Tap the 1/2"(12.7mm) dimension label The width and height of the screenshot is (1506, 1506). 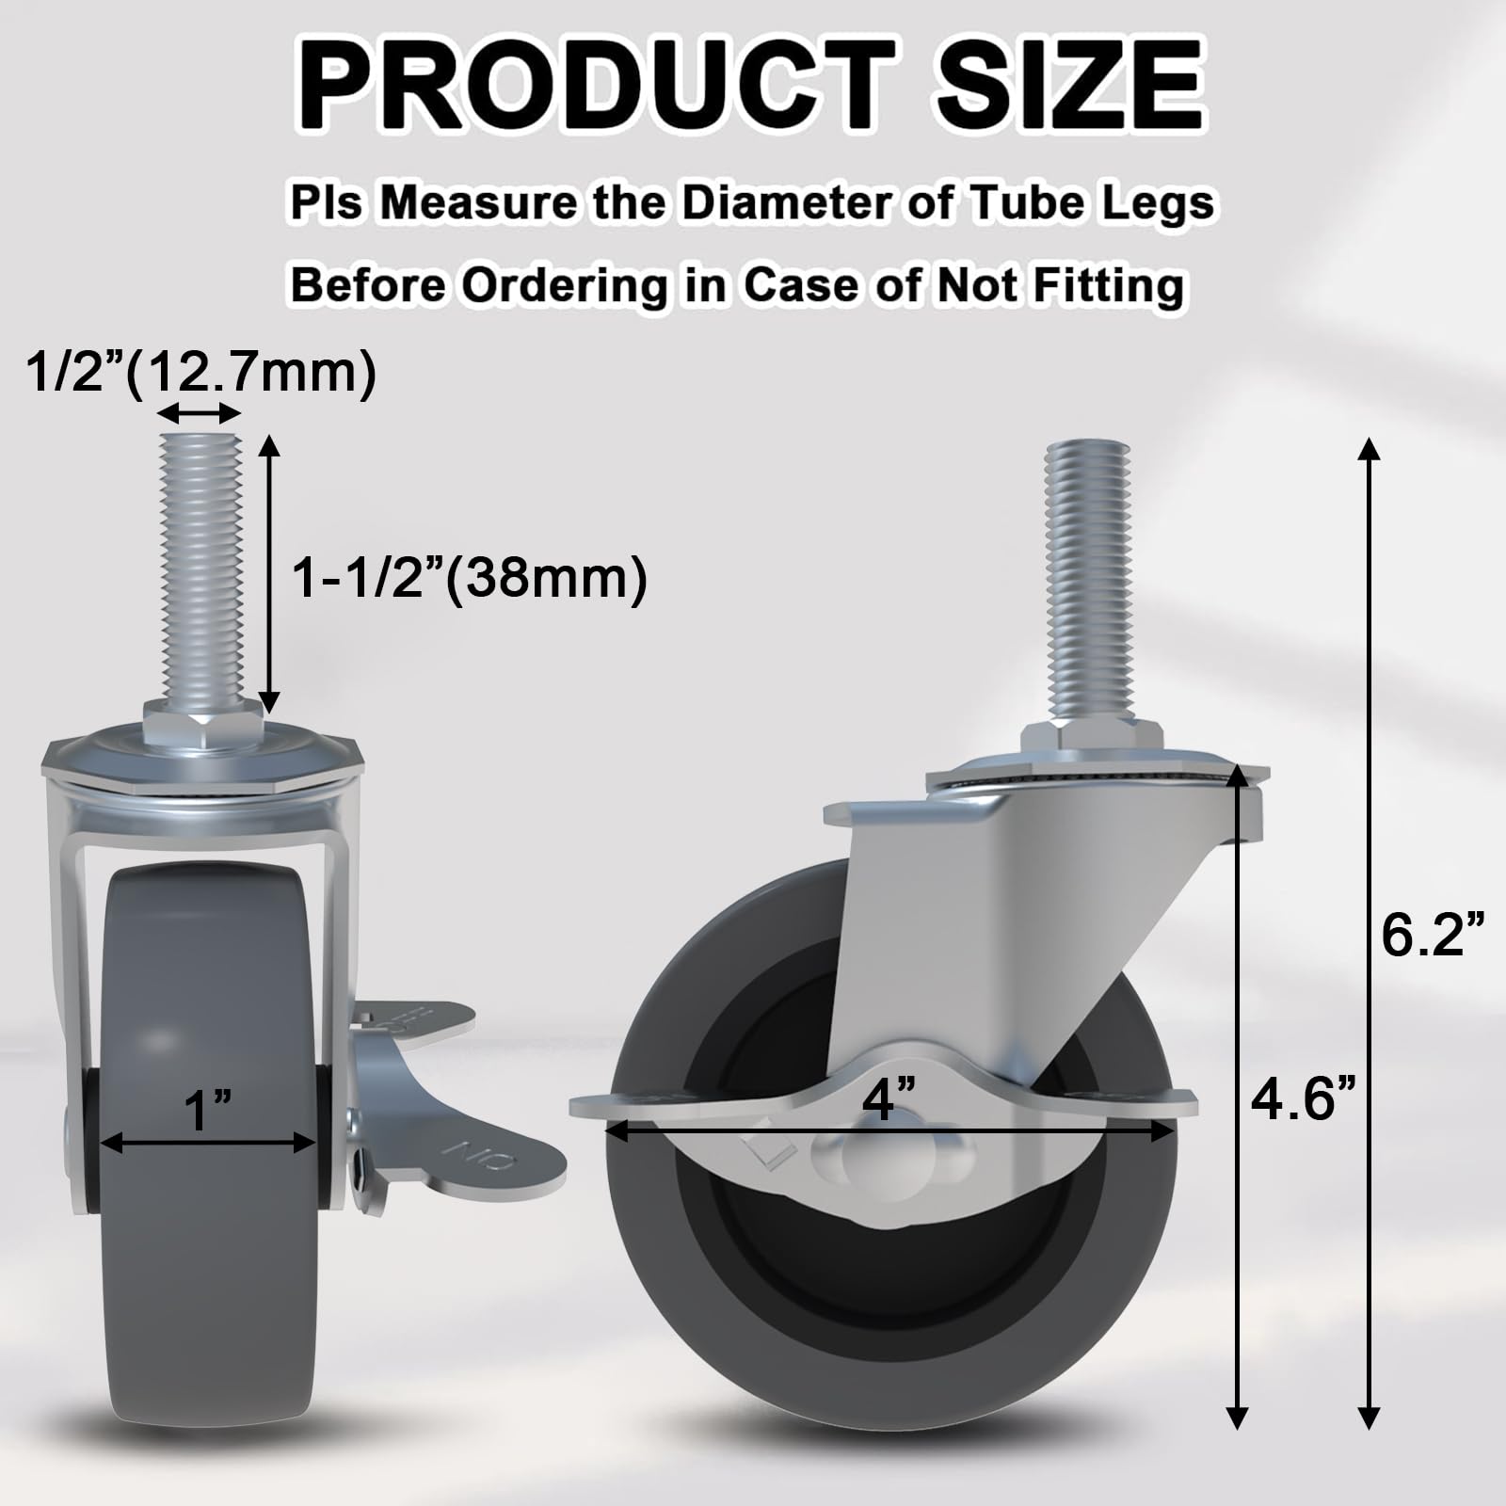200,373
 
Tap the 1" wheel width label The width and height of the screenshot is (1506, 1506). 207,1111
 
